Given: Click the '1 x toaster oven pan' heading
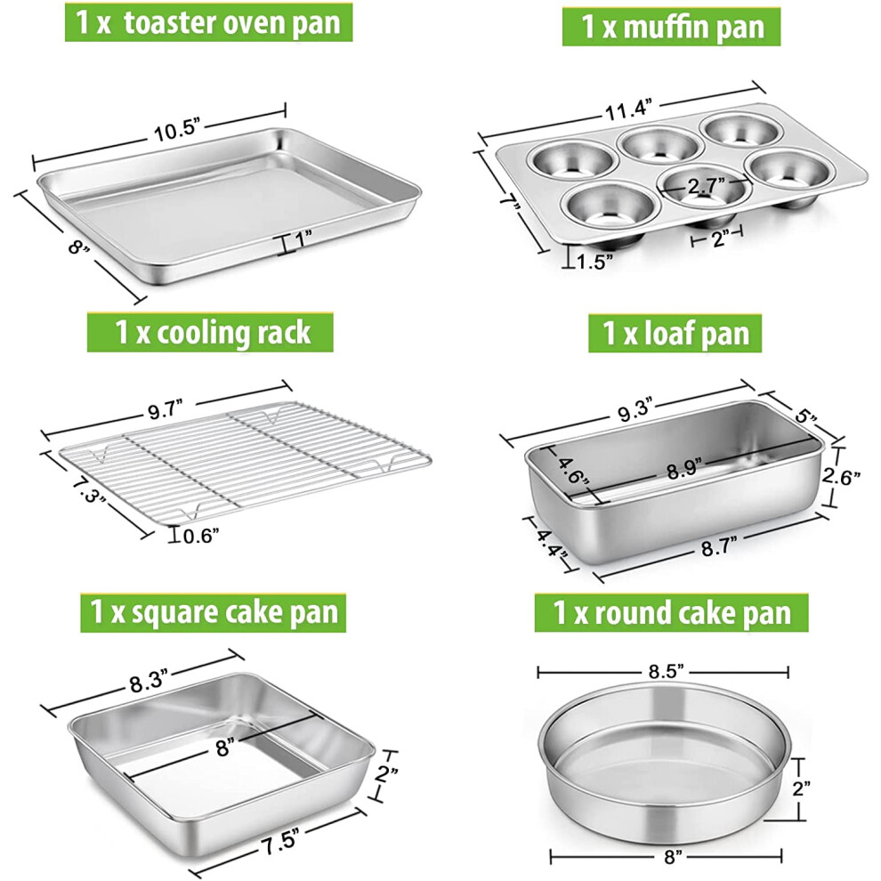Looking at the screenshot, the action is (x=208, y=22).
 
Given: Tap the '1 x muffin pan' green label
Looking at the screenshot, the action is (x=671, y=27).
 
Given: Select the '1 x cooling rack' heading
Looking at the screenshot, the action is (x=210, y=333).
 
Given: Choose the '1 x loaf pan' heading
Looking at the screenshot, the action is (x=675, y=333).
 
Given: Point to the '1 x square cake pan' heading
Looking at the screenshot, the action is (x=213, y=612).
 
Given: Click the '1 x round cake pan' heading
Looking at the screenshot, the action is (x=671, y=612).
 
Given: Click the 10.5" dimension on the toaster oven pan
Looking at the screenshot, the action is (x=178, y=132).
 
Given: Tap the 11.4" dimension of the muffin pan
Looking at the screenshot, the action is (x=628, y=109).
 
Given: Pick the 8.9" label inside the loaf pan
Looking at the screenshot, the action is (x=685, y=469).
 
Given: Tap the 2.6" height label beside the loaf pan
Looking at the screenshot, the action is (x=841, y=476).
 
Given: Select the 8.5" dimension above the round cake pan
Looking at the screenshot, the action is (x=666, y=671).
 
